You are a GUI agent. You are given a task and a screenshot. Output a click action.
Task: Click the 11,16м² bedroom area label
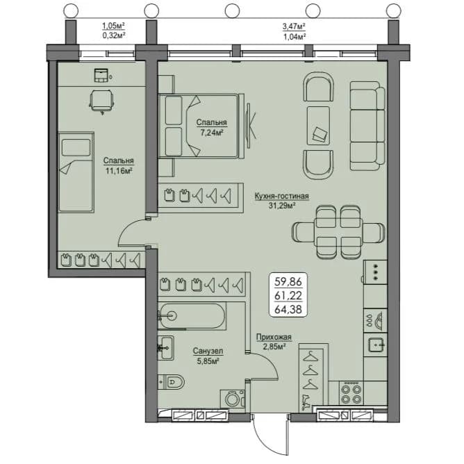(x=119, y=171)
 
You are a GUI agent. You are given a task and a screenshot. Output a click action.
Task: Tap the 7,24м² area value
(x=212, y=133)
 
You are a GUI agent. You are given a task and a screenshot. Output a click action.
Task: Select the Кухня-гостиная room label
(x=282, y=196)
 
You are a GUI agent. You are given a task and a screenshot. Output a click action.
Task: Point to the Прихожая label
(x=274, y=337)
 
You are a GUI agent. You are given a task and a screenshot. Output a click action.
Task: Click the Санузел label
(x=208, y=351)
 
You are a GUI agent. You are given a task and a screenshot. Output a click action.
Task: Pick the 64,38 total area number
(x=288, y=310)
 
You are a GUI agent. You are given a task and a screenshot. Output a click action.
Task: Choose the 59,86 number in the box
(x=288, y=282)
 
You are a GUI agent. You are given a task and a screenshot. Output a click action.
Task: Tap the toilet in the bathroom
(x=171, y=382)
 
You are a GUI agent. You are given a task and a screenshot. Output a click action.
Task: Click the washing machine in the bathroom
(x=233, y=399)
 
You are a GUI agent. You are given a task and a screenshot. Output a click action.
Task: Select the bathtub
(x=192, y=316)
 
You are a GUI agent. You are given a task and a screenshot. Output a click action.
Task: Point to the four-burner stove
(x=351, y=392)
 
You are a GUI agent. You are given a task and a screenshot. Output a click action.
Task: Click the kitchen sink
(x=376, y=345)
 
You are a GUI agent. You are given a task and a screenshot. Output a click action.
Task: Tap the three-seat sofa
(x=367, y=126)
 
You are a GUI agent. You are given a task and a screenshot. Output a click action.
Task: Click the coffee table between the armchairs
(x=318, y=126)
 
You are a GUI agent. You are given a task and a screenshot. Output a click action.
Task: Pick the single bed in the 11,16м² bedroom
(x=76, y=172)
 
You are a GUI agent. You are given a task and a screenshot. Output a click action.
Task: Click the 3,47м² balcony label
(x=294, y=26)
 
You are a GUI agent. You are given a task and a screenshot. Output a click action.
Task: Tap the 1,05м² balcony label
(x=113, y=26)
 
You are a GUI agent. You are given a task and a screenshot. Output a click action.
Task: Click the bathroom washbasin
(x=166, y=348)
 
